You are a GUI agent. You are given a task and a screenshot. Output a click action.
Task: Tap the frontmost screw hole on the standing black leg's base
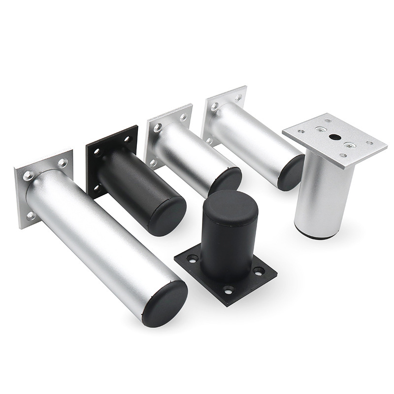click(x=228, y=290)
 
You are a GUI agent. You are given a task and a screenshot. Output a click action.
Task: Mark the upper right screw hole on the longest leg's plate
click(x=62, y=162)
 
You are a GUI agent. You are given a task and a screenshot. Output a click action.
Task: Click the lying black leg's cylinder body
click(x=133, y=187)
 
